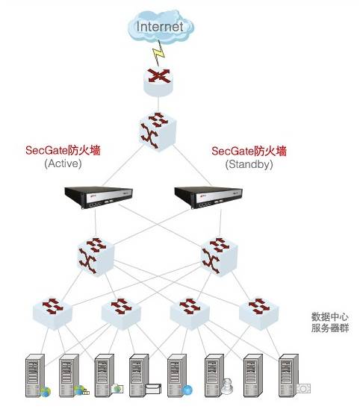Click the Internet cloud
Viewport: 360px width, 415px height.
161,27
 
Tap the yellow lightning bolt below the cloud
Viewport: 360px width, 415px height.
158,52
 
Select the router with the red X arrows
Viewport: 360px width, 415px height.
158,81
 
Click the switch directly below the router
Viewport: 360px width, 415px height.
158,131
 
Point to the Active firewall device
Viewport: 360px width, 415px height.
99,197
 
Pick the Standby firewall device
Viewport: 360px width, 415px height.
208,198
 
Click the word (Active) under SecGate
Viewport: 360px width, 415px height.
63,163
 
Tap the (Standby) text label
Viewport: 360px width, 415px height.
249,164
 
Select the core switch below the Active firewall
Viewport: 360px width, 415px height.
96,256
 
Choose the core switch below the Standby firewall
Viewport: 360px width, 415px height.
220,256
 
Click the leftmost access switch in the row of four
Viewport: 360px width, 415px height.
52,313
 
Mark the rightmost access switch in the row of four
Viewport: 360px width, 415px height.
259,313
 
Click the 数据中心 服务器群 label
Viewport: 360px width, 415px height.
330,322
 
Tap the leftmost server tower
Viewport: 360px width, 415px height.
35,375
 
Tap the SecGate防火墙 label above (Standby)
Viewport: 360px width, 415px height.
249,151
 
